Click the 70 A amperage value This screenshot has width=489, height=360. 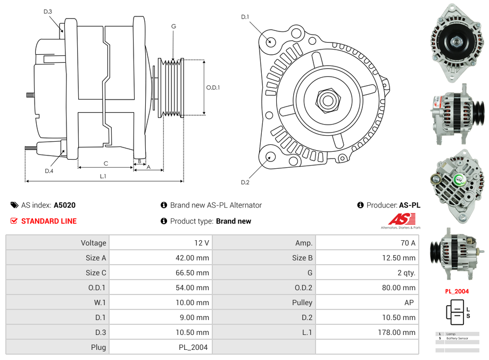(408, 243)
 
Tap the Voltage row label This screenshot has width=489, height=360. (93, 243)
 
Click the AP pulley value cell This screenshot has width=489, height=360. (409, 302)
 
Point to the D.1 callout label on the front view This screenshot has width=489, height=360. (245, 17)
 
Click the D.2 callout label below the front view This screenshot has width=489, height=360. (245, 183)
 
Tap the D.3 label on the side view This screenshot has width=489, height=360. (48, 11)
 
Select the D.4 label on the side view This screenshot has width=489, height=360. (49, 171)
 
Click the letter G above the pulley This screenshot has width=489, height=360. (173, 26)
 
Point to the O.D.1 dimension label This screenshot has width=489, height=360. (213, 88)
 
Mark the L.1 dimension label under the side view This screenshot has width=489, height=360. (103, 176)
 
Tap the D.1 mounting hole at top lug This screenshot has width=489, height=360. (270, 41)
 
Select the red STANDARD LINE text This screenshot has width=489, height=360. (48, 221)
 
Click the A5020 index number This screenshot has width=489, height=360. (65, 205)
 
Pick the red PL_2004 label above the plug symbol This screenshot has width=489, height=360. (457, 291)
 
